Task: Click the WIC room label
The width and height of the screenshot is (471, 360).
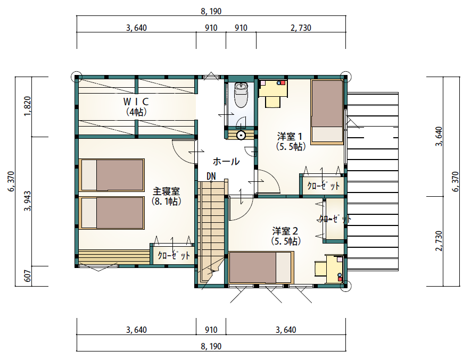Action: coord(136,102)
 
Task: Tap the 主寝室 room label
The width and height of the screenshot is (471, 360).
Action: coord(167,191)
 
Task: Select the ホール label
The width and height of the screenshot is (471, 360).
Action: coord(226,162)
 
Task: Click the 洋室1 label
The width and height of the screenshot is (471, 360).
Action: coord(290,137)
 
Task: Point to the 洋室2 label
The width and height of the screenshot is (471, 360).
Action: coord(285,231)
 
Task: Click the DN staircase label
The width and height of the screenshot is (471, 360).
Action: coord(211,176)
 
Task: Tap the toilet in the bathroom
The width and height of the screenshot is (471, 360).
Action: coord(241,95)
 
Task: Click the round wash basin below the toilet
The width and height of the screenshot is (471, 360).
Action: coord(241,136)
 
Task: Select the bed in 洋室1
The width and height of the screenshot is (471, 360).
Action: coord(327,112)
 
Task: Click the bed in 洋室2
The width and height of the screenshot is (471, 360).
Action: coord(261,267)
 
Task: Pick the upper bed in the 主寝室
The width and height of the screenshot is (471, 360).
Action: coord(112,175)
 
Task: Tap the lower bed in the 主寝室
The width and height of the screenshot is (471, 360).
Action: coord(112,213)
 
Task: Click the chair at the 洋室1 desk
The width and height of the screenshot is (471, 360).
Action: coord(273,102)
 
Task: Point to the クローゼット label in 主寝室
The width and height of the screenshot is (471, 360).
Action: coord(174,256)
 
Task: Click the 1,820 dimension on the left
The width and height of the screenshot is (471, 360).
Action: coord(27,106)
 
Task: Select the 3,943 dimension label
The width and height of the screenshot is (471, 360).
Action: coord(27,201)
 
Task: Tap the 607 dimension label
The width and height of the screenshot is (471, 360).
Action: coord(27,276)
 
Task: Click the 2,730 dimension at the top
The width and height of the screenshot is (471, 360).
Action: coord(301,28)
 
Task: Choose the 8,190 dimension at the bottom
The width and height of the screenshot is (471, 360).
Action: coord(211,347)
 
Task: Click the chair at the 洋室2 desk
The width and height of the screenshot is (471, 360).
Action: coord(320,269)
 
